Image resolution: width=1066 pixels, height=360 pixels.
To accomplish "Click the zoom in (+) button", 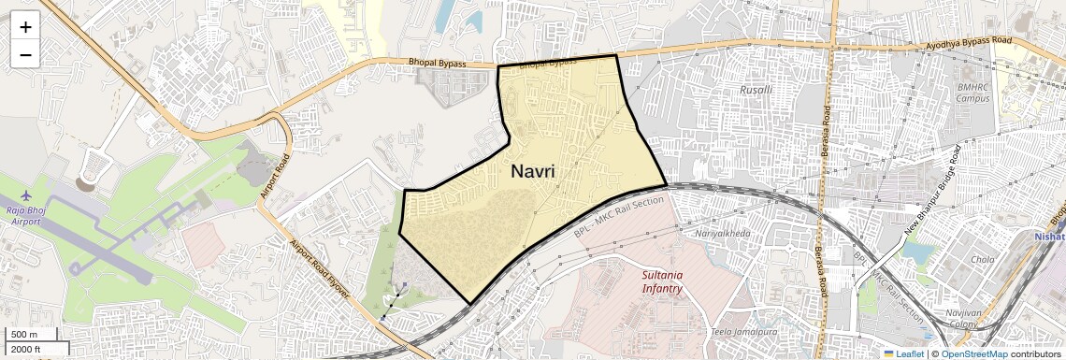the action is click(x=25, y=27).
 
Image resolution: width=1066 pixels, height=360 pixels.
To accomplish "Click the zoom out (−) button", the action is click(x=25, y=54).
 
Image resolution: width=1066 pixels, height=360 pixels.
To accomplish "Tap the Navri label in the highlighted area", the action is click(x=533, y=172).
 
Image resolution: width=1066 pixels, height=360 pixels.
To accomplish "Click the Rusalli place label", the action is click(x=756, y=90).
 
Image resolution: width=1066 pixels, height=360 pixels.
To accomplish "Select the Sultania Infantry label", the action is click(x=662, y=281).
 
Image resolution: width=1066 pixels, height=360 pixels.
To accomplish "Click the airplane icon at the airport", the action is click(x=24, y=194).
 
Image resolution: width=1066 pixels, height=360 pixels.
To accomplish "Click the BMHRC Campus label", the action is click(x=972, y=92).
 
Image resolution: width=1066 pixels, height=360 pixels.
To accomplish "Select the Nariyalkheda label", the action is click(x=723, y=232).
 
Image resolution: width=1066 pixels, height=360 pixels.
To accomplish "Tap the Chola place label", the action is click(x=983, y=259).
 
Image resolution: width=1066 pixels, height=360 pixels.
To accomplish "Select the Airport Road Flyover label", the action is click(x=320, y=269).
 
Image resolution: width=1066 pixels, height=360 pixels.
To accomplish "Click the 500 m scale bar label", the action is click(x=25, y=335).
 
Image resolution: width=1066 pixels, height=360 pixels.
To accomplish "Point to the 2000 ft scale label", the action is click(x=26, y=350).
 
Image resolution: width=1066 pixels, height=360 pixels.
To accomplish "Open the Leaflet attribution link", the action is click(x=902, y=353).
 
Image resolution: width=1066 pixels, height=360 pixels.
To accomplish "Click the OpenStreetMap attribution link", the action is click(x=973, y=353).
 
